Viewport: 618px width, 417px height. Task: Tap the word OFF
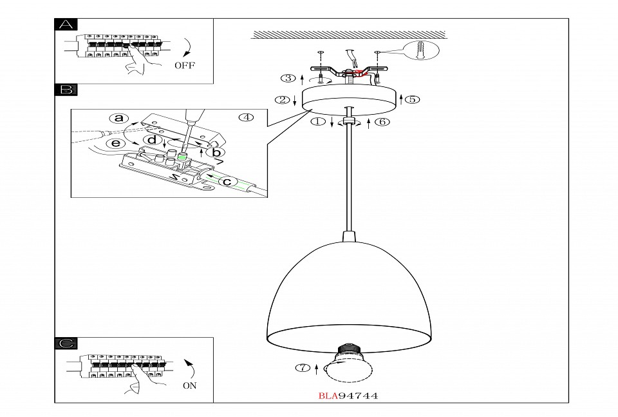tap(184, 65)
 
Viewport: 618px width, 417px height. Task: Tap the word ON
tap(189, 385)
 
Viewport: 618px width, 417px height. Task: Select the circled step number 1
tap(317, 122)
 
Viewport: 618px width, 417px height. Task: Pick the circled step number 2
tap(281, 100)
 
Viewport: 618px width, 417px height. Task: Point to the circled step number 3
tap(288, 79)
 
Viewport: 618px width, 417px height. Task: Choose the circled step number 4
tap(246, 117)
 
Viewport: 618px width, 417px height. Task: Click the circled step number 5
tap(413, 99)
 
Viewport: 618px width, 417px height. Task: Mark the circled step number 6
tap(382, 122)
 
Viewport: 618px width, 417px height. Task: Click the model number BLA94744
tap(348, 396)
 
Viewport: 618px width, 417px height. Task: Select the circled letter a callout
tap(118, 118)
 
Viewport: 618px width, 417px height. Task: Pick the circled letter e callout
tap(115, 143)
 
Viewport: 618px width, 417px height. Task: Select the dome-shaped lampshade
tap(348, 290)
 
